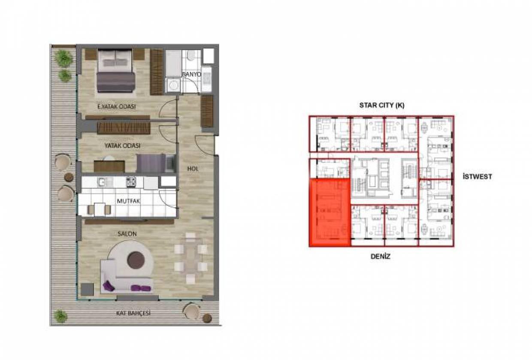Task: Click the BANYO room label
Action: pos(191,74)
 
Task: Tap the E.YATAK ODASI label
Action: pos(117,106)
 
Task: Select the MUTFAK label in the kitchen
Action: pos(128,201)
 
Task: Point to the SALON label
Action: pos(127,234)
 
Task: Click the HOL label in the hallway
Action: pos(193,169)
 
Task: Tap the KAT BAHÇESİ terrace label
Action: pos(133,313)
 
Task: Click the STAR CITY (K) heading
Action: pos(382,105)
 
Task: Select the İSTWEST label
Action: pos(478,176)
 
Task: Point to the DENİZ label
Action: pos(381,257)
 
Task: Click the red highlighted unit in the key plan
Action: pos(329,213)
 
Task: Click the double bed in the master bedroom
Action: pos(116,70)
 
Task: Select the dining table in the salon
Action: pos(190,258)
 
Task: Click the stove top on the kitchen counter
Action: pos(131,182)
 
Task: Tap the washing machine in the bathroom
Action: pos(173,85)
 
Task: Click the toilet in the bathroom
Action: pos(191,56)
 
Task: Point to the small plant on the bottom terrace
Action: pos(60,316)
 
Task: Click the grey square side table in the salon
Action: pos(87,290)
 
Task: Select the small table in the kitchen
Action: pos(100,209)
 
